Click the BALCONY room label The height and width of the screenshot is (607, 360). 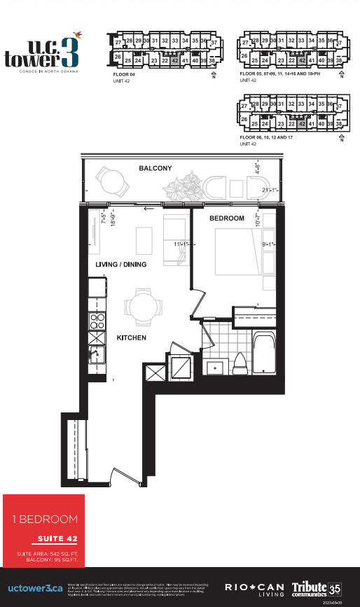click(x=155, y=169)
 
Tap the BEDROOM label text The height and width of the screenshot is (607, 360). click(x=227, y=218)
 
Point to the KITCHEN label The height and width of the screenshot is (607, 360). click(x=131, y=337)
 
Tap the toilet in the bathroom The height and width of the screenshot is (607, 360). click(x=238, y=364)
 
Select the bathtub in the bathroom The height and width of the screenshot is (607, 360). click(x=265, y=354)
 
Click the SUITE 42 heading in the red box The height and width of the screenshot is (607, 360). click(x=55, y=539)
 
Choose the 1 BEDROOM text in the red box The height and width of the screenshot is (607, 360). click(x=44, y=519)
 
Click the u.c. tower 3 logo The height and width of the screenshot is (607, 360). click(x=42, y=48)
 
